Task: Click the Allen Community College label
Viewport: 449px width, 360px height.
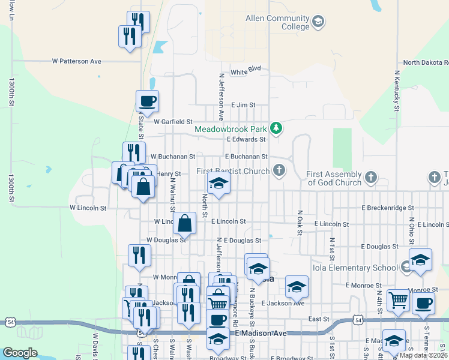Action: pyautogui.click(x=277, y=22)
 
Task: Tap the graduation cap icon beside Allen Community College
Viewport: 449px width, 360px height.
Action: pyautogui.click(x=318, y=23)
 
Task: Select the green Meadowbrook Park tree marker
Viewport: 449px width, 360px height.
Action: pyautogui.click(x=276, y=128)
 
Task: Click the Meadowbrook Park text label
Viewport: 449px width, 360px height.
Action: pyautogui.click(x=232, y=128)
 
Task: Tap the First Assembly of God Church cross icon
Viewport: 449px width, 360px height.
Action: pyautogui.click(x=371, y=178)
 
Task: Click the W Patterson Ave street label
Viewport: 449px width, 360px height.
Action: pyautogui.click(x=77, y=61)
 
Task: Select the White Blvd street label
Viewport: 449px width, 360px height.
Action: pyautogui.click(x=246, y=70)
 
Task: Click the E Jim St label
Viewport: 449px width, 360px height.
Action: pyautogui.click(x=243, y=104)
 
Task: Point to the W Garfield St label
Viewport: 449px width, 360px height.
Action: pyautogui.click(x=173, y=121)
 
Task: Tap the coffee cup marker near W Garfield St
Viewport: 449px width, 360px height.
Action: pyautogui.click(x=147, y=101)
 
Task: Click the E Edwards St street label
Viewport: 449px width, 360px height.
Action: pyautogui.click(x=246, y=139)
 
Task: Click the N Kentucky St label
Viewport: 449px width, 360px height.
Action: pyautogui.click(x=397, y=90)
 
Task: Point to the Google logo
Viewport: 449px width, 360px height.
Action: pyautogui.click(x=20, y=353)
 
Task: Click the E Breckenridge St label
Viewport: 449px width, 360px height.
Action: pyautogui.click(x=388, y=208)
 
